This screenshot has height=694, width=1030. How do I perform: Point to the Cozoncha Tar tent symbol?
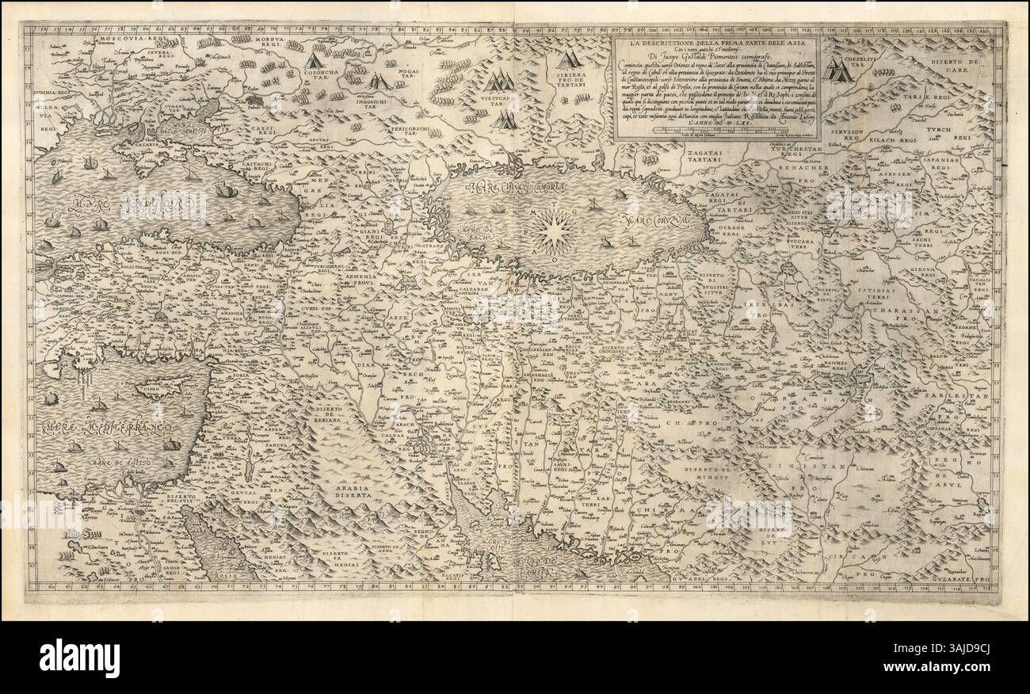pos(315,61)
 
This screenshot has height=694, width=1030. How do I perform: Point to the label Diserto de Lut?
pos(769,536)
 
